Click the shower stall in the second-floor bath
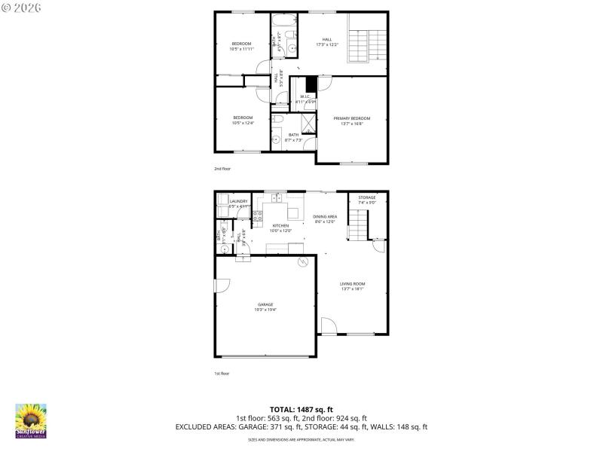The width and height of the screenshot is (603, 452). coord(310,122)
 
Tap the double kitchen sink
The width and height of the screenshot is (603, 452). coord(277,198)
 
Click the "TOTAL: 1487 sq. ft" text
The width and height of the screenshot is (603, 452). coord(301,408)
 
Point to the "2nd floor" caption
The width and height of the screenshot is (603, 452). coord(222,169)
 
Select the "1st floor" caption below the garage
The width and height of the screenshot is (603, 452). coord(222,373)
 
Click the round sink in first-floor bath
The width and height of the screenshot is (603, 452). coord(224,249)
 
